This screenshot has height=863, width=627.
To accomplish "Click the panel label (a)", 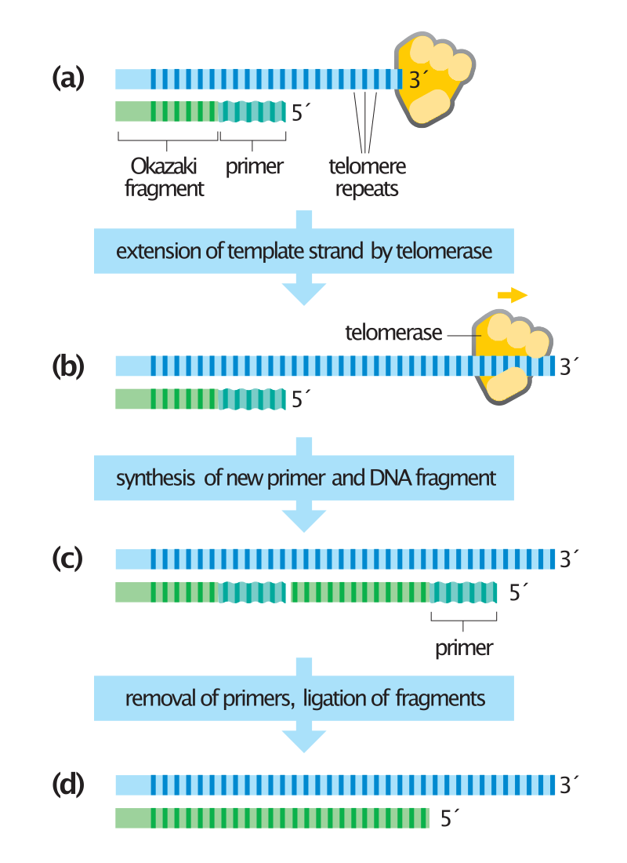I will click(67, 78).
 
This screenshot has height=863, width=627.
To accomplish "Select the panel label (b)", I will click(67, 366).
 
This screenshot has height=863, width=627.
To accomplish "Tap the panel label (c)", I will click(67, 559).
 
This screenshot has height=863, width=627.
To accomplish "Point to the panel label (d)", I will click(67, 785).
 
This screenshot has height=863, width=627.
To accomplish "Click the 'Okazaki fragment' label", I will click(165, 177).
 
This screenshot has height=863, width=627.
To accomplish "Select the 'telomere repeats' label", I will click(366, 177).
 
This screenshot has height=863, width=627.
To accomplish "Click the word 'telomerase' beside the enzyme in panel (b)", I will click(393, 333).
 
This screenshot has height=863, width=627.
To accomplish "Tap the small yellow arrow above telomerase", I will click(513, 295).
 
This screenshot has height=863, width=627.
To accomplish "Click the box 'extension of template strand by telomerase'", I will click(304, 252).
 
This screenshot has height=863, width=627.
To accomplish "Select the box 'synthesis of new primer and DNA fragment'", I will click(304, 478).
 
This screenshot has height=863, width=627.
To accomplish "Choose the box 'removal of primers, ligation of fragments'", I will click(304, 698).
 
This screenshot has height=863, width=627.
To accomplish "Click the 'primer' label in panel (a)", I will click(254, 167).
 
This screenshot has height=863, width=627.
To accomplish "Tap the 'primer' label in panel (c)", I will click(464, 648).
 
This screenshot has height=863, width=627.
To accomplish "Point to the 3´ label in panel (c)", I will click(567, 559).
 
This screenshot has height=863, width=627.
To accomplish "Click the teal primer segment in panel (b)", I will click(252, 399).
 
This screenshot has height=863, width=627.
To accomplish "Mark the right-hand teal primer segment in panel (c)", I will click(464, 592).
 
